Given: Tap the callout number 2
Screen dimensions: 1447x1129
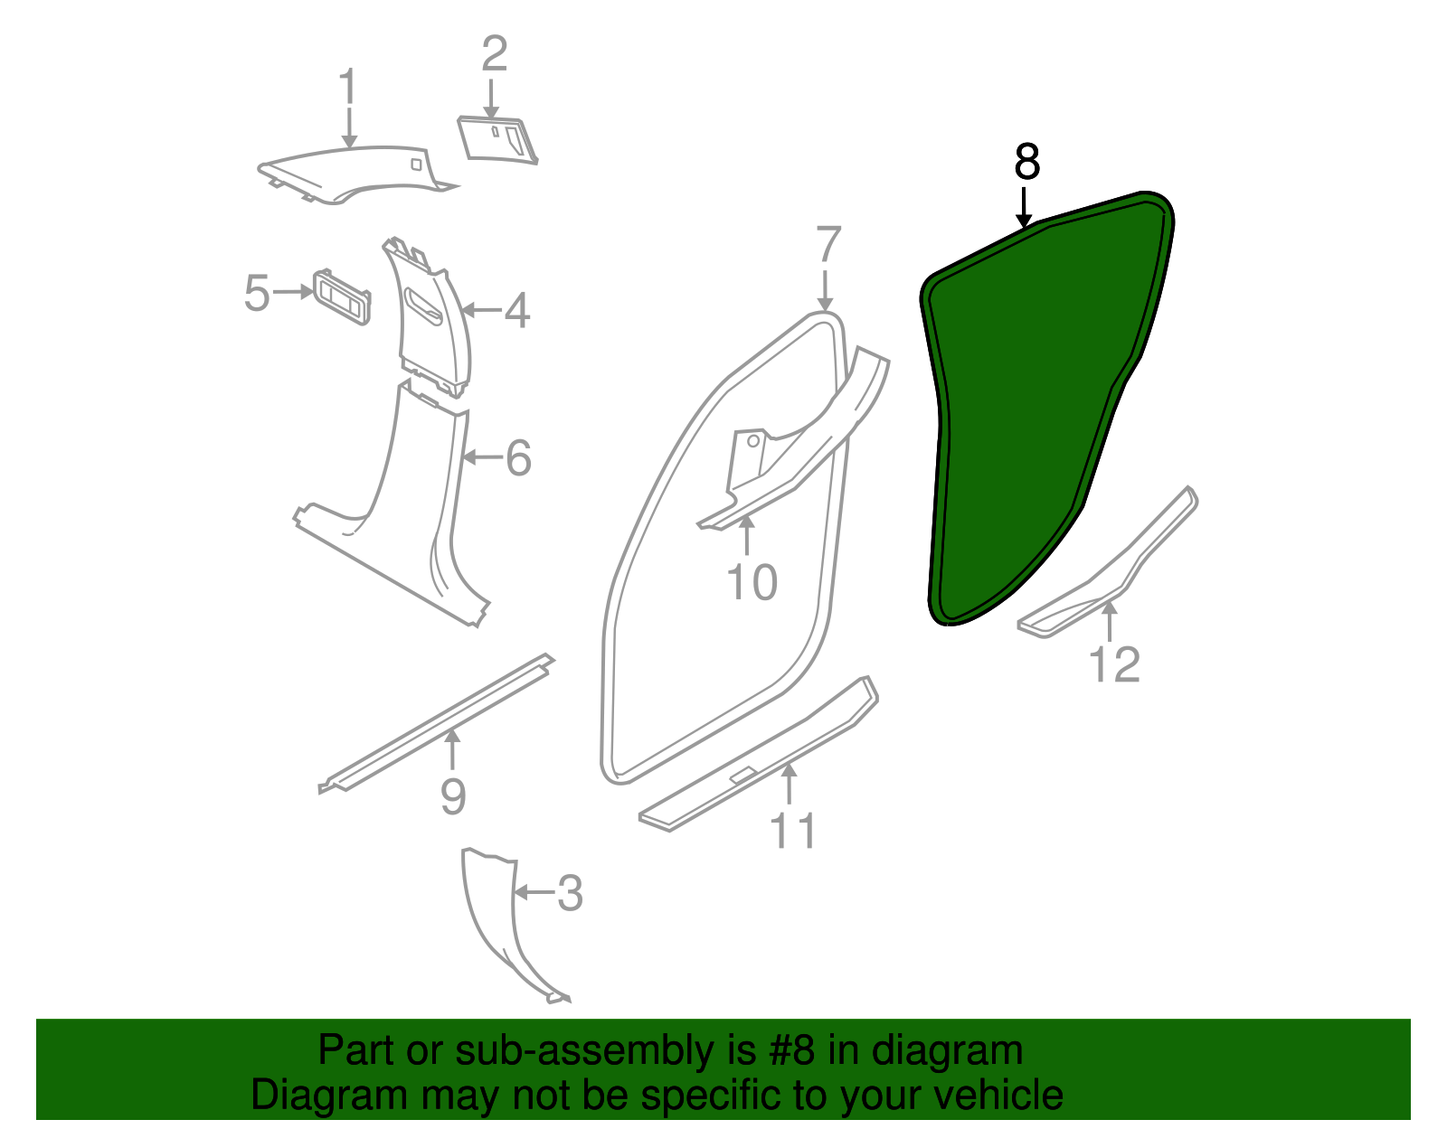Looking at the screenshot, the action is [495, 54].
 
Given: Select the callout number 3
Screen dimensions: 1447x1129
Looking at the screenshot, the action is [570, 893].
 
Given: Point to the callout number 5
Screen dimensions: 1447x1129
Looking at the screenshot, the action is [257, 293].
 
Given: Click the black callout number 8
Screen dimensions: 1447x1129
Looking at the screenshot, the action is [1026, 161].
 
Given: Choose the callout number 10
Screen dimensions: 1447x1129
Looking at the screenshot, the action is [752, 583].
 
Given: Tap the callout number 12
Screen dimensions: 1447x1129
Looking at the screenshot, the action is [1115, 664].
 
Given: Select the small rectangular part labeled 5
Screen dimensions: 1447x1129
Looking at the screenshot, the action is [342, 296].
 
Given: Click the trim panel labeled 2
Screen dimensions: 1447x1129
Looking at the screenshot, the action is [497, 140].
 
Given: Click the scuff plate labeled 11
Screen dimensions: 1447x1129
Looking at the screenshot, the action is [759, 754].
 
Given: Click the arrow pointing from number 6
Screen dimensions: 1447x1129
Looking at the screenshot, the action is [482, 457].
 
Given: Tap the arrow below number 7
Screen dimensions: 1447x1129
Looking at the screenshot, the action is [825, 291].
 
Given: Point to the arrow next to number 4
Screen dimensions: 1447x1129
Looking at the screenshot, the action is [480, 310].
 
